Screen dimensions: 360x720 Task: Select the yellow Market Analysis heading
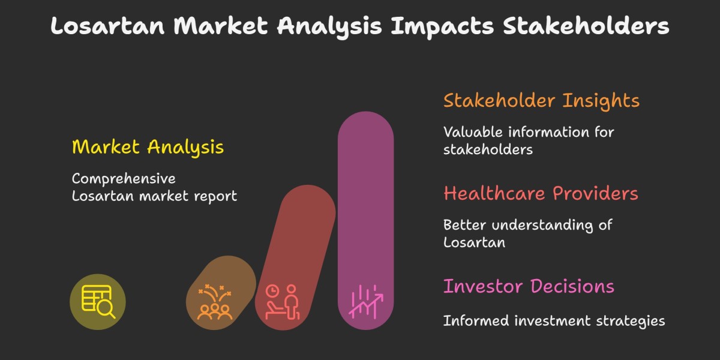148,147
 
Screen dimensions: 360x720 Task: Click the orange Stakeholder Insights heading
541,100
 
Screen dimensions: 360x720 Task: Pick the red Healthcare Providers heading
541,193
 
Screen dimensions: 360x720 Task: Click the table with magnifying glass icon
98,301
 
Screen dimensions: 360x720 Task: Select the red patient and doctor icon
282,301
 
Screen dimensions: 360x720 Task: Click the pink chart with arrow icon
365,302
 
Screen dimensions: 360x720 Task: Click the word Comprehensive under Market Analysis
124,179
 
